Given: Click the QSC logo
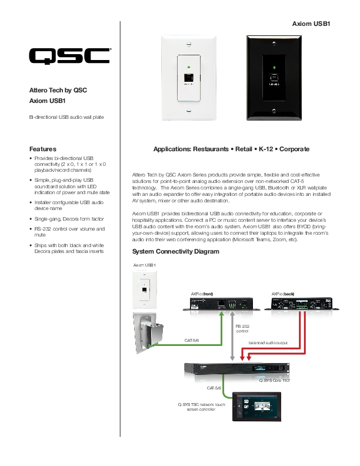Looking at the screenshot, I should (x=69, y=56).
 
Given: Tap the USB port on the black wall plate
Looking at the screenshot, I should (x=273, y=78).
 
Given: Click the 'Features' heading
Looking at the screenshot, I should (x=43, y=149).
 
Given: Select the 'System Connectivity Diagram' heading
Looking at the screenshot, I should (x=176, y=252).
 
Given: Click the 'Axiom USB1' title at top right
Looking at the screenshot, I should (x=312, y=24).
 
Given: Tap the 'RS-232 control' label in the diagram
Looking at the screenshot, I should (x=243, y=328).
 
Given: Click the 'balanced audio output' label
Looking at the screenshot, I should (x=268, y=342).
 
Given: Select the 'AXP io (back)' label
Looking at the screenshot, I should (x=283, y=292).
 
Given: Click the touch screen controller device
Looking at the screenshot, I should (x=256, y=407).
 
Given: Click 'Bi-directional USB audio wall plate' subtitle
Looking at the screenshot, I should (x=66, y=118).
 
